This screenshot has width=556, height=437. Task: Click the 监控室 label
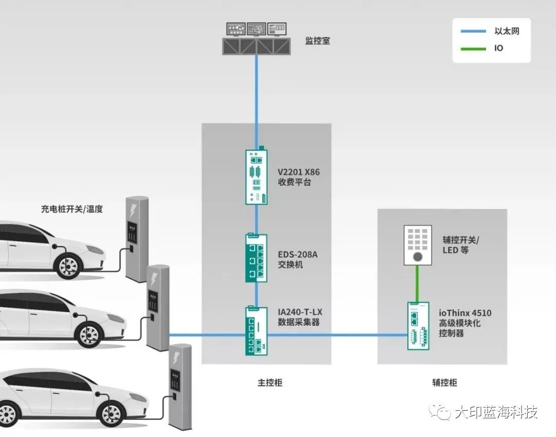coord(317,40)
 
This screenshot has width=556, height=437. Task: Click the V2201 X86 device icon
coord(256,176)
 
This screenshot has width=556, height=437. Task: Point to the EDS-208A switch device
coord(256,258)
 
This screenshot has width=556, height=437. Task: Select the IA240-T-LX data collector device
coord(256,331)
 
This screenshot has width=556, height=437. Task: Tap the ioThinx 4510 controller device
coord(418,326)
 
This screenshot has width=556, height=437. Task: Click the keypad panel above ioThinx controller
coord(418,245)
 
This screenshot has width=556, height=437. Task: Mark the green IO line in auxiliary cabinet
coord(418,283)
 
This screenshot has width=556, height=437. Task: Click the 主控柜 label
coord(270,383)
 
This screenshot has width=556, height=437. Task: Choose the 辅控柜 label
coord(444,383)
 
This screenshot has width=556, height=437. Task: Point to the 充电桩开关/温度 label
coord(72,209)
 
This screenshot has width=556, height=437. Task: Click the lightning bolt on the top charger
coord(133,210)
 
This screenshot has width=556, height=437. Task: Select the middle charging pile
coord(158,307)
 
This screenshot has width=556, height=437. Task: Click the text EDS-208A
coord(298,255)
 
